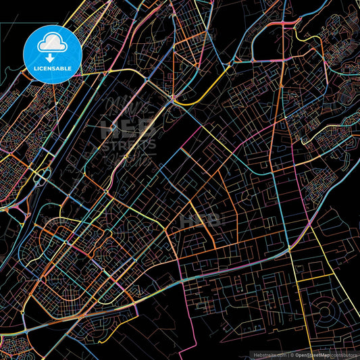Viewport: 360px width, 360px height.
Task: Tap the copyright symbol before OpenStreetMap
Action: tap(292, 353)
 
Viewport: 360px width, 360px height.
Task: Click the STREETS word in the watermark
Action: tap(128, 145)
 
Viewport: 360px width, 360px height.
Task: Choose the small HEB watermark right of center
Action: tap(209, 220)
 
